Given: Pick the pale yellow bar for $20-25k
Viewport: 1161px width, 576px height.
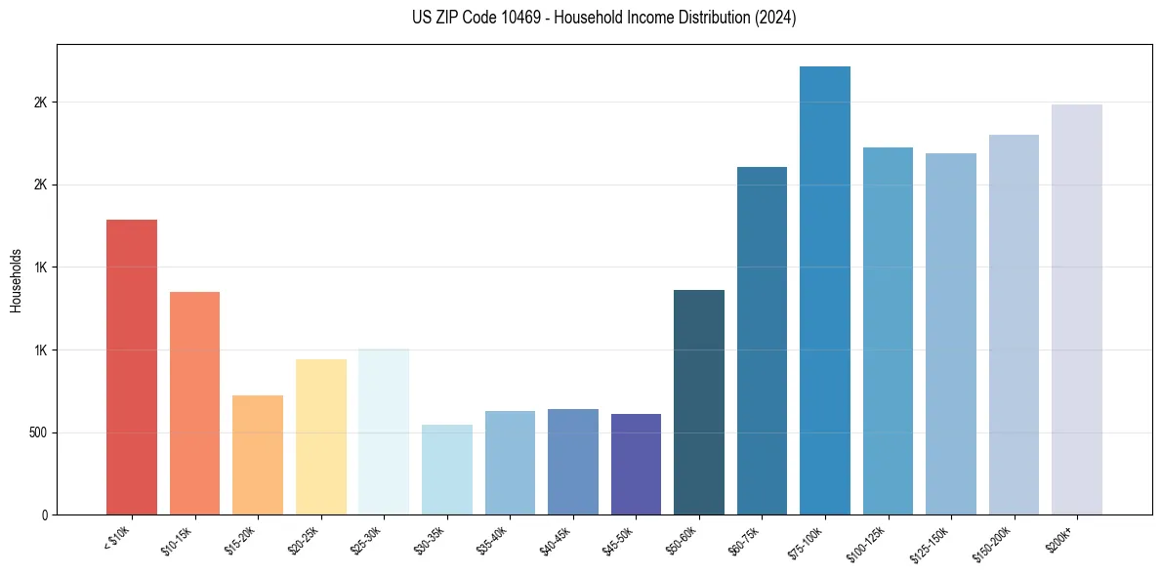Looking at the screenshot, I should (x=320, y=436).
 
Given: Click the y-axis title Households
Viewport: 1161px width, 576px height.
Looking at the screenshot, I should (x=17, y=279).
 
